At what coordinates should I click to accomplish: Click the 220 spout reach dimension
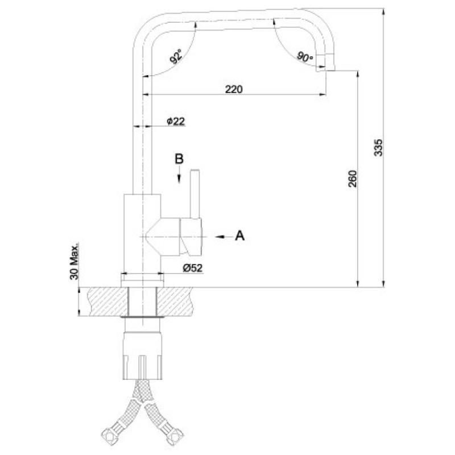[234, 89]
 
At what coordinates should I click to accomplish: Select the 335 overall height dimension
[378, 147]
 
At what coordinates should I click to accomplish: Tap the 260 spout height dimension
[353, 179]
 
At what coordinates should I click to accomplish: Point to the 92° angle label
[176, 56]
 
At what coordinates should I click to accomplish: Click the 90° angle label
[305, 56]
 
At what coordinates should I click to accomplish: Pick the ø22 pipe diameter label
[176, 121]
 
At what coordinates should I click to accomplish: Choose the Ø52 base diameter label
[193, 268]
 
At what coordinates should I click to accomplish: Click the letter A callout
[239, 235]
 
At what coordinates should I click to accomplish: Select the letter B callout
[179, 159]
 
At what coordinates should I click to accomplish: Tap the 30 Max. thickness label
[75, 261]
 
